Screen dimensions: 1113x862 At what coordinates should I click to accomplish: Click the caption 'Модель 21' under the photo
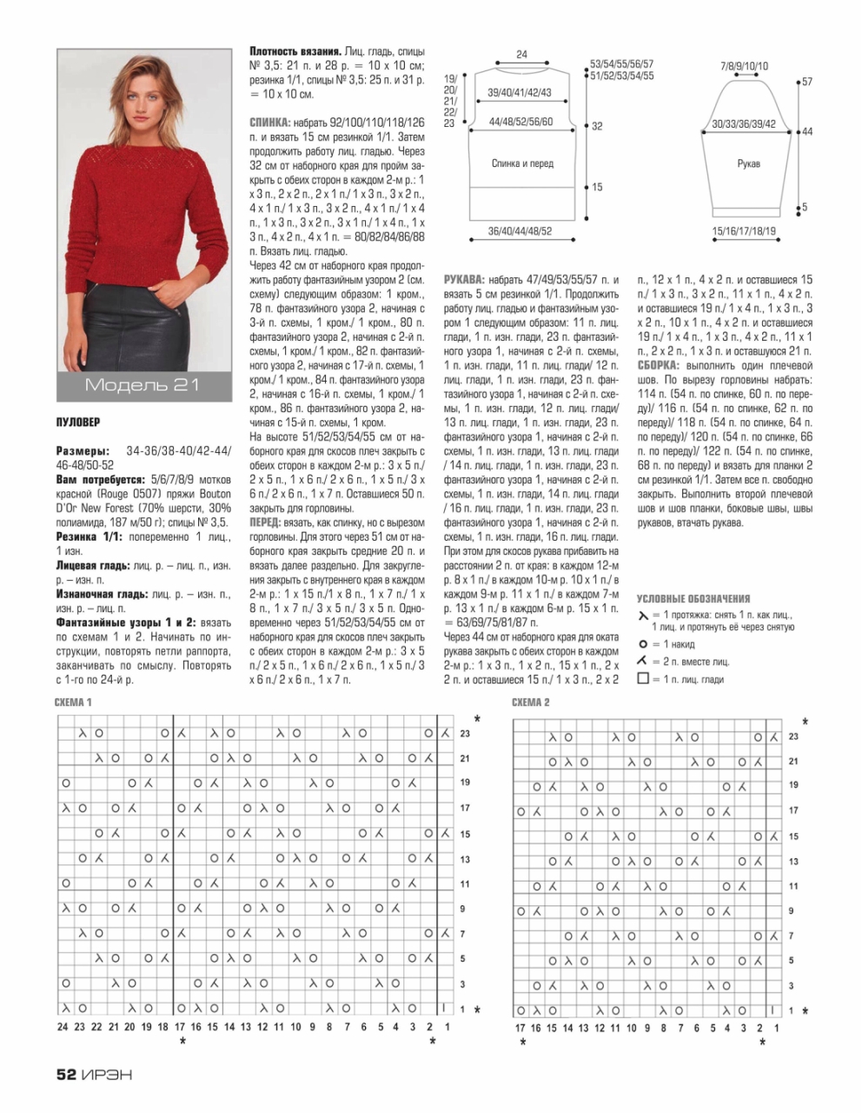[143, 385]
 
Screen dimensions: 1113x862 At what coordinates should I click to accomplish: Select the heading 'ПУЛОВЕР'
[78, 423]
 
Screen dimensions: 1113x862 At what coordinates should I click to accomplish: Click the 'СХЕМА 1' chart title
[73, 702]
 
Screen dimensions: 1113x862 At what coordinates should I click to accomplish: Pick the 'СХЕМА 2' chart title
[531, 702]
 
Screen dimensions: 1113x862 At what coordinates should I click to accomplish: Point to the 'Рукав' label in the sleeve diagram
[748, 163]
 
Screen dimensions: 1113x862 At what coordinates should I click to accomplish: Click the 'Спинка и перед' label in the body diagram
[522, 163]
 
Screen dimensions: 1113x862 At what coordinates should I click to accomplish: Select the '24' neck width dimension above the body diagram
[521, 55]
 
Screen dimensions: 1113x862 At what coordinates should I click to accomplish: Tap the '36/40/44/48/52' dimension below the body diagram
[520, 231]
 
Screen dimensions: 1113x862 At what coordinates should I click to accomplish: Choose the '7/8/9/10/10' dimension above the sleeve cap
[744, 66]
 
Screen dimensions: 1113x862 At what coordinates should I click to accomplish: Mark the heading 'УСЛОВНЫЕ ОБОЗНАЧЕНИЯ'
[693, 599]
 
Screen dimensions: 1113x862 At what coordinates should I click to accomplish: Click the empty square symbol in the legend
[643, 678]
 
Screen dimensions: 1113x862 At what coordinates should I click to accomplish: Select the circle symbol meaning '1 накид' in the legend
[643, 644]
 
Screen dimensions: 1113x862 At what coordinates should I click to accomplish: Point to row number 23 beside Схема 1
[465, 734]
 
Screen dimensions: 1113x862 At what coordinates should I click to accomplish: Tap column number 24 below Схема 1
[63, 1027]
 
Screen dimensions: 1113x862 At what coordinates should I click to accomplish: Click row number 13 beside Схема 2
[793, 861]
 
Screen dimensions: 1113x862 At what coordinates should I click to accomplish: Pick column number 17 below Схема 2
[520, 1028]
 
